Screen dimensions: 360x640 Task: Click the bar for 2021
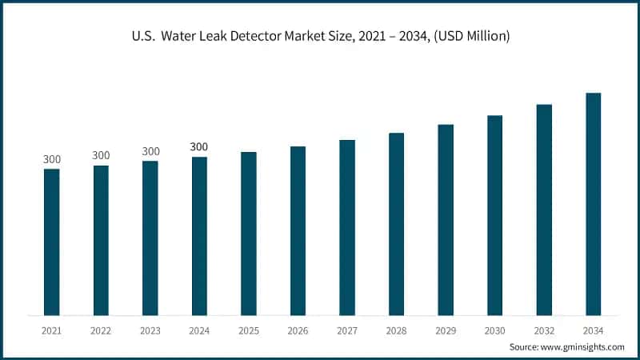[52, 242]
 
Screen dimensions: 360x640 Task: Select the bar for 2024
[199, 236]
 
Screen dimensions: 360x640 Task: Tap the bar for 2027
[347, 227]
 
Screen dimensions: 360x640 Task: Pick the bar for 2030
[494, 215]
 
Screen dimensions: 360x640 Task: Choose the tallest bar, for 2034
[593, 204]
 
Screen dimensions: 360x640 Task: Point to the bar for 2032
[544, 210]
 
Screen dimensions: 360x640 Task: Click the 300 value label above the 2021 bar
[52, 159]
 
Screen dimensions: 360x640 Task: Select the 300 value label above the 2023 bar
[150, 151]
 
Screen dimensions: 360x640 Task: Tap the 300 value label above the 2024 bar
[199, 147]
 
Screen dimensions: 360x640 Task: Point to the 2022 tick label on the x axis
[101, 330]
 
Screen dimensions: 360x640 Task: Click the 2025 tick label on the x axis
[249, 330]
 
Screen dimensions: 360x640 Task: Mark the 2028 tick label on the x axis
[396, 330]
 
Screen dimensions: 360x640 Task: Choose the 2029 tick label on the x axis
[446, 330]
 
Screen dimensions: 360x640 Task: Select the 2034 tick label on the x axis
[593, 330]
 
